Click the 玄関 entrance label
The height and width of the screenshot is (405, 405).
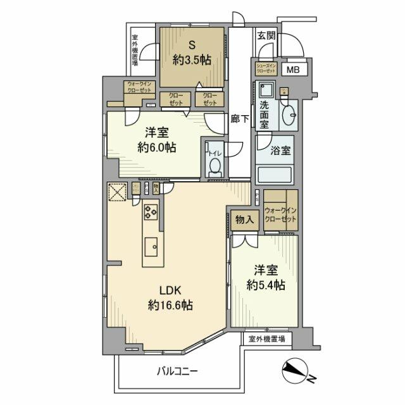coord(266,36)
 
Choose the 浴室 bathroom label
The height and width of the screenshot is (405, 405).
coord(281,151)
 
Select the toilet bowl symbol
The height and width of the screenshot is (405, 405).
coord(215,166)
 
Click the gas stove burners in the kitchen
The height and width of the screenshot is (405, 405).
coord(152,212)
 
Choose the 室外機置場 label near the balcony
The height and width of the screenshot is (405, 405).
coord(266,339)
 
